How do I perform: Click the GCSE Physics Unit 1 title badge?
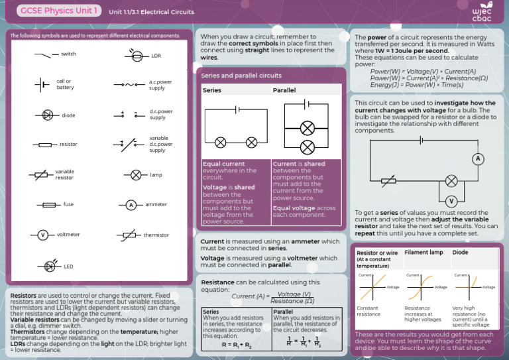60,11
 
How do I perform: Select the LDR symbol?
137,56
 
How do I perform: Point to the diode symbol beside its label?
47,115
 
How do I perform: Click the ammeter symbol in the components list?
131,205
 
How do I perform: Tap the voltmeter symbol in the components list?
42,235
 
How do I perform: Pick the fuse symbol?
48,205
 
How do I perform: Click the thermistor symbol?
130,235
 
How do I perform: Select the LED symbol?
50,266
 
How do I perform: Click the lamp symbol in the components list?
136,175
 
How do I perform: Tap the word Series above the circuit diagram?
212,90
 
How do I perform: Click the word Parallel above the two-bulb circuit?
284,90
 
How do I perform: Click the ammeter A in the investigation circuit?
478,158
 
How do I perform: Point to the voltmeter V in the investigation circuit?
451,201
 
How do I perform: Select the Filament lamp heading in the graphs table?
424,253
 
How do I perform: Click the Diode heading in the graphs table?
460,253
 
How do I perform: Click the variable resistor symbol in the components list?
41,174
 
